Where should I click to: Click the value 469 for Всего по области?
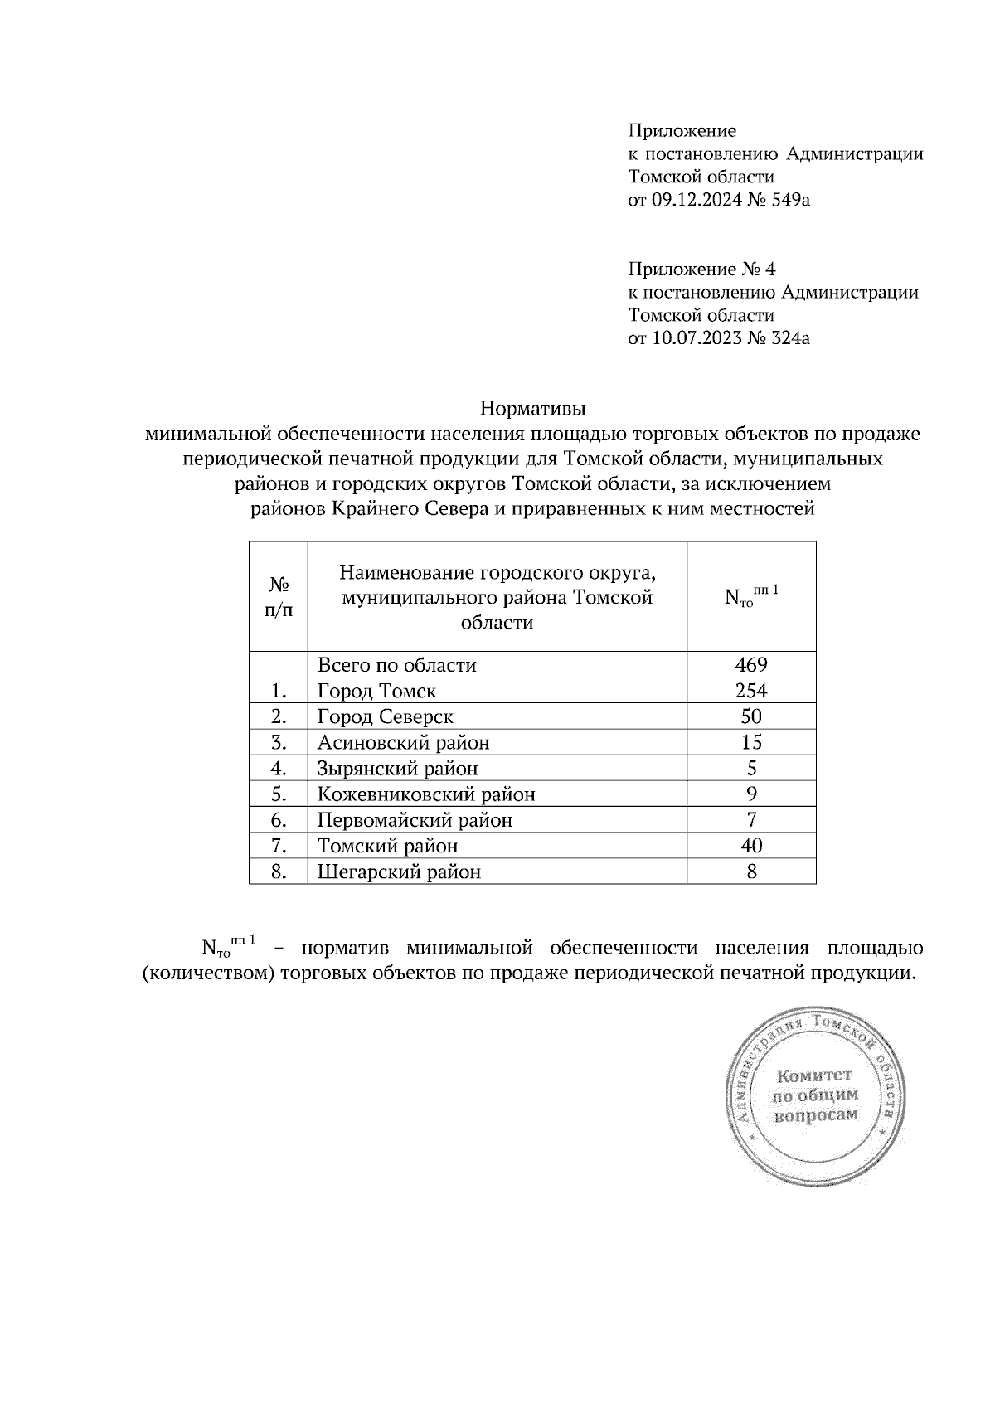coord(751,665)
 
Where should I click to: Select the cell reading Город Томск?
coord(376,691)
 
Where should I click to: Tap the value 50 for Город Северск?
coord(751,716)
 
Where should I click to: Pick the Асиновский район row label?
coord(403,742)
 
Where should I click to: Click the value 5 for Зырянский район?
coord(751,769)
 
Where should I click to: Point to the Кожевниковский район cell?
coord(426,794)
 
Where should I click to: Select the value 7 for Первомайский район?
coord(751,820)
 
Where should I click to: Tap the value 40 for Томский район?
coord(751,846)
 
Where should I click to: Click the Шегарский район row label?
coord(399,872)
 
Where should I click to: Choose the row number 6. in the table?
coord(279,820)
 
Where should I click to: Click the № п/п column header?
coord(279,597)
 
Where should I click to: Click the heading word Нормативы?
coord(533,409)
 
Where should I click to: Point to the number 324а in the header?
coord(789,338)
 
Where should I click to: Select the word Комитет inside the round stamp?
coord(814,1076)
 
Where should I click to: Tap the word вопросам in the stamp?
coord(815,1115)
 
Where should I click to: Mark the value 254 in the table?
coord(751,691)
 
